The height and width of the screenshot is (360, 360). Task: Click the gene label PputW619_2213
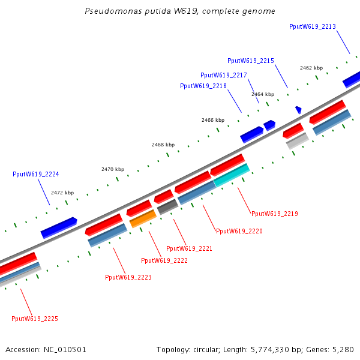(x=313, y=26)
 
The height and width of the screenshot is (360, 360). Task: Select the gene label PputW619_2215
(x=251, y=61)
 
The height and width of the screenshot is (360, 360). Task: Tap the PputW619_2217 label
(x=224, y=76)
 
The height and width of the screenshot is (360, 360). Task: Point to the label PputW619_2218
(x=203, y=86)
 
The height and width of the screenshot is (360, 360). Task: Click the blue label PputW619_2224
(x=36, y=174)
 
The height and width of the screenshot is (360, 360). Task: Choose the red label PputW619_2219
(x=275, y=214)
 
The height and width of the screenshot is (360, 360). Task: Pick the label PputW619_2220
(x=239, y=231)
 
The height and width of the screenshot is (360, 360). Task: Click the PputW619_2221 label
(x=189, y=248)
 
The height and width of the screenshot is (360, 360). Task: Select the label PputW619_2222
(x=164, y=260)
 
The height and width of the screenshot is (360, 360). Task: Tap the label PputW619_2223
(x=128, y=277)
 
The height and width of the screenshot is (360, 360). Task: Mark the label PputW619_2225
(x=35, y=319)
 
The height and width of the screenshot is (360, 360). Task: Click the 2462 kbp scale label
(x=311, y=68)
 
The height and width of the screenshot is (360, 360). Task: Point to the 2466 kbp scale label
(x=213, y=120)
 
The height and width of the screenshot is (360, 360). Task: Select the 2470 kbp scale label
(x=113, y=169)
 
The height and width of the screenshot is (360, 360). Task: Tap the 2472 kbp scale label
(x=62, y=193)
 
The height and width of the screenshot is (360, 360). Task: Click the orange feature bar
(x=143, y=219)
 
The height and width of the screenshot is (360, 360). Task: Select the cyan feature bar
(x=232, y=175)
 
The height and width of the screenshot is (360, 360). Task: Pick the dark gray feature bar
(x=167, y=206)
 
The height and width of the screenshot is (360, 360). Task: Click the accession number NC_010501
(x=65, y=350)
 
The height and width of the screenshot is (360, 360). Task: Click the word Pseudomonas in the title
(x=113, y=11)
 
